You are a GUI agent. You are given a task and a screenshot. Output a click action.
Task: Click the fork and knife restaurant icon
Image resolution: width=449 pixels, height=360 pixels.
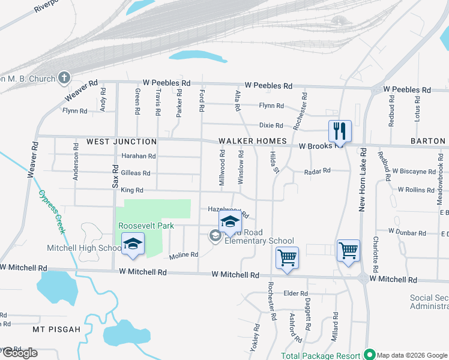point(340,130)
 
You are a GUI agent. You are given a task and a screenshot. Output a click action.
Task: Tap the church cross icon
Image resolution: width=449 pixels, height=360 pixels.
point(64,78)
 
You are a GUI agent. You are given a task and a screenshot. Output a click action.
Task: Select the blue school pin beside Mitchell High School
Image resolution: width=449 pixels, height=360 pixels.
point(133,244)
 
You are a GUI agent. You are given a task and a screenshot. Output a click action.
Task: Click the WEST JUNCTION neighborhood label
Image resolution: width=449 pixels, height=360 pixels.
point(121,142)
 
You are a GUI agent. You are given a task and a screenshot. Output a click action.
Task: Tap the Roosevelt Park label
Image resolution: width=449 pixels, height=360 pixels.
point(146,226)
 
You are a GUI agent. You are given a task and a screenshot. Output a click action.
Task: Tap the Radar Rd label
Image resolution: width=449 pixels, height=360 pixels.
point(318,171)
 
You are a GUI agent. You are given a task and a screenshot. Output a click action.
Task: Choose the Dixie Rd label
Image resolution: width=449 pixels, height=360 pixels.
point(271,125)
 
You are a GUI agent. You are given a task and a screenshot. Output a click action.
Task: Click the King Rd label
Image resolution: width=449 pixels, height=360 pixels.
point(132,190)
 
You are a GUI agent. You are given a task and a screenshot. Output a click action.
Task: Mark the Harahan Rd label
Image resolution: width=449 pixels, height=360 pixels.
point(139,156)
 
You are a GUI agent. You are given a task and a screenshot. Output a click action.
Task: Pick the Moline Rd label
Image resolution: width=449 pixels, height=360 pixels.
point(183,255)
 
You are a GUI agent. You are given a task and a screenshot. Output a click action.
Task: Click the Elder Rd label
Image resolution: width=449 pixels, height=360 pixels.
point(295,293)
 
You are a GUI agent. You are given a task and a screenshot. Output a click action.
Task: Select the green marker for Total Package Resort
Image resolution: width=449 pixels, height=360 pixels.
point(370,355)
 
